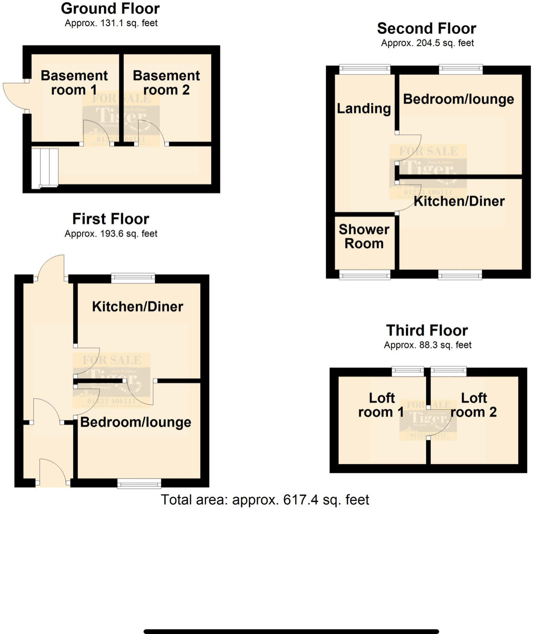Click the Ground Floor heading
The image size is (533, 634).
click(x=110, y=9)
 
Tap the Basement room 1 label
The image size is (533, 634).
click(x=74, y=83)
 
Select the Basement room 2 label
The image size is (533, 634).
click(x=166, y=83)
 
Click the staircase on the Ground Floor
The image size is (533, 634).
click(x=45, y=167)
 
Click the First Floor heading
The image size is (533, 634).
click(x=111, y=219)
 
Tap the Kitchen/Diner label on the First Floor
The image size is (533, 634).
click(x=138, y=306)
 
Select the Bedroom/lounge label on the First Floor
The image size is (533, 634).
click(x=135, y=422)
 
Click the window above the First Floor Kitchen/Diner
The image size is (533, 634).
click(x=133, y=278)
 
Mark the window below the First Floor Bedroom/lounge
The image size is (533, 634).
click(x=139, y=484)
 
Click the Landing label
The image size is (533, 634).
click(x=364, y=108)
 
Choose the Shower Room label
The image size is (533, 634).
click(x=364, y=236)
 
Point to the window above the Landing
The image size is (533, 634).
click(x=365, y=69)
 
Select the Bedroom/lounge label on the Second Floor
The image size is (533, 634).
click(x=458, y=99)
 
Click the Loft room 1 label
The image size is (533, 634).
click(x=381, y=405)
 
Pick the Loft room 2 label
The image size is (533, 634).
click(x=473, y=405)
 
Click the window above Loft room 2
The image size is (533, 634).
click(x=449, y=371)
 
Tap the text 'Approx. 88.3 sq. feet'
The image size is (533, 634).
click(x=428, y=345)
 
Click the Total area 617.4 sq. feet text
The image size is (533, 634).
click(x=265, y=499)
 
